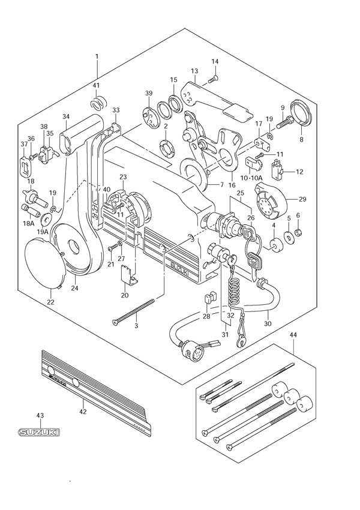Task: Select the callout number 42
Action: tap(83, 412)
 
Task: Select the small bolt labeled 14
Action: tap(212, 78)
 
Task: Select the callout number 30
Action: tap(267, 324)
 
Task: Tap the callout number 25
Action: tap(239, 193)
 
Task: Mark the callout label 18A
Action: tap(28, 223)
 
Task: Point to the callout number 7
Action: tap(221, 184)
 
